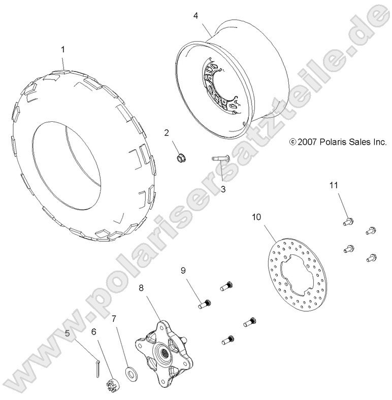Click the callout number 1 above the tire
[63, 49]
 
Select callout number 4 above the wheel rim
[195, 16]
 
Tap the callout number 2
[167, 133]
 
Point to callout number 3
[223, 189]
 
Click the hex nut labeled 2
[181, 158]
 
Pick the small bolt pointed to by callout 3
[220, 159]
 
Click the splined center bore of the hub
[162, 353]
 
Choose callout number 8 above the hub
[141, 288]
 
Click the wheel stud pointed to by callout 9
[205, 304]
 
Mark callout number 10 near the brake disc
[257, 217]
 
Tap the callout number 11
[334, 185]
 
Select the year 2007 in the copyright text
[307, 142]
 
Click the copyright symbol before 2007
[292, 142]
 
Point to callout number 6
[93, 332]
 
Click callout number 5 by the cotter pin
[68, 333]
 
